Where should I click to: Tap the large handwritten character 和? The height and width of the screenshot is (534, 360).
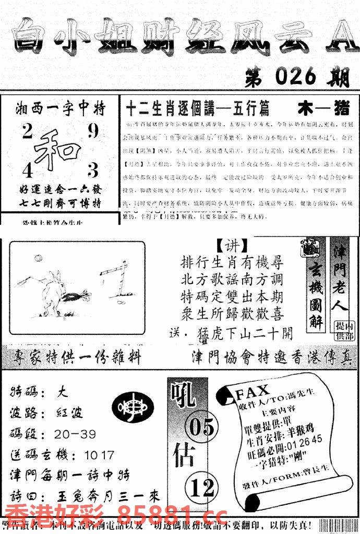point(56,148)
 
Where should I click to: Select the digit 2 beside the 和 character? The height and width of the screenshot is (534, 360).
point(27,132)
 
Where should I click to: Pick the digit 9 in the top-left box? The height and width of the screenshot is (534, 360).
point(93,131)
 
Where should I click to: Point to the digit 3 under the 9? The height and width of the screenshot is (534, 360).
point(93,171)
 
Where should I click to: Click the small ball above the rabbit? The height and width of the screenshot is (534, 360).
point(38,258)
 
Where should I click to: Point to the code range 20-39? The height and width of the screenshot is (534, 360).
point(78,434)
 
